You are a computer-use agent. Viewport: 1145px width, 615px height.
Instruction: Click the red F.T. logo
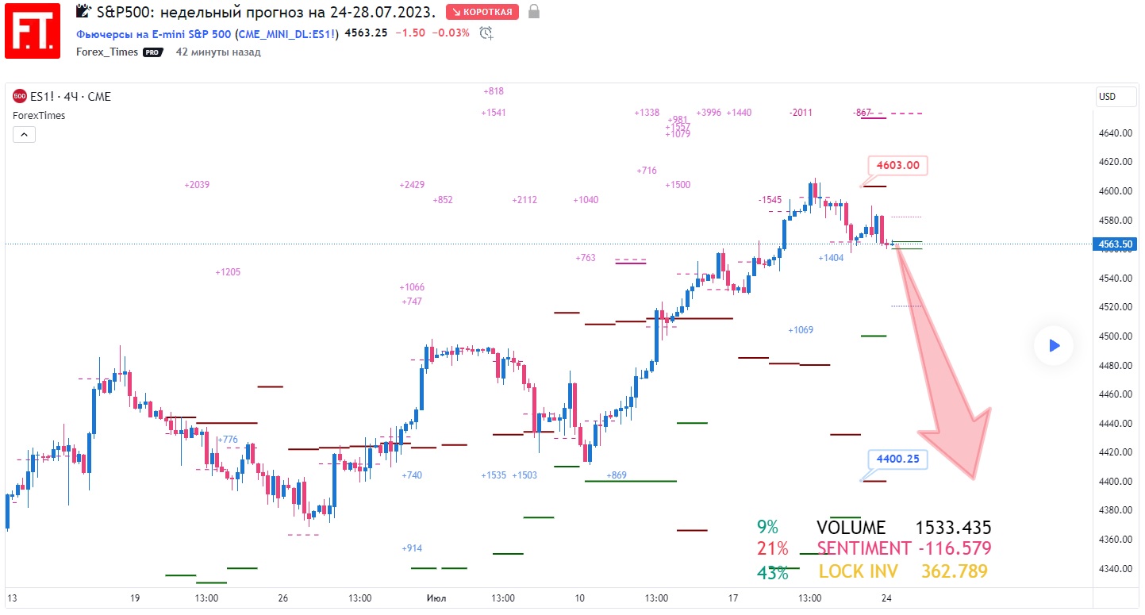pyautogui.click(x=33, y=30)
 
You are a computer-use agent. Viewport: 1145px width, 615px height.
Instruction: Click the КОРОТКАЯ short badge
pyautogui.click(x=482, y=12)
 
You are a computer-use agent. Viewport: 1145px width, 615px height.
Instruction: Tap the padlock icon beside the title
pyautogui.click(x=534, y=12)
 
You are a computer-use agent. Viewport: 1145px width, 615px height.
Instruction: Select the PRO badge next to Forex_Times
pyautogui.click(x=152, y=52)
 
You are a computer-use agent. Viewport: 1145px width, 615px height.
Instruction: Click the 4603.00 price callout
pyautogui.click(x=897, y=166)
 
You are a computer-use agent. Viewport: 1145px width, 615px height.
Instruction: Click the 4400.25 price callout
pyautogui.click(x=897, y=459)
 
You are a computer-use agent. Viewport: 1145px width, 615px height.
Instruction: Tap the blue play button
pyautogui.click(x=1054, y=345)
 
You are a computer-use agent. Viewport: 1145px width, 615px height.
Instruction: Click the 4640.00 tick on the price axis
pyautogui.click(x=1115, y=133)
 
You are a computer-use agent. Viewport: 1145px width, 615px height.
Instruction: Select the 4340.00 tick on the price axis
pyautogui.click(x=1115, y=568)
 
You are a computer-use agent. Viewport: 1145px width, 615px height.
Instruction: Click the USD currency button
pyautogui.click(x=1106, y=97)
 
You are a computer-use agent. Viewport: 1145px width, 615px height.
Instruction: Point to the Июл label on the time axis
pyautogui.click(x=435, y=598)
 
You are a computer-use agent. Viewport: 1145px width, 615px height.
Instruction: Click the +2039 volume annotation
pyautogui.click(x=197, y=185)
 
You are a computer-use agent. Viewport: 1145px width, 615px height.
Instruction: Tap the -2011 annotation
pyautogui.click(x=801, y=113)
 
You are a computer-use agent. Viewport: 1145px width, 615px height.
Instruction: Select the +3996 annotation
pyautogui.click(x=709, y=113)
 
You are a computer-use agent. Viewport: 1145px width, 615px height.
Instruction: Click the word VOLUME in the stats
pyautogui.click(x=851, y=528)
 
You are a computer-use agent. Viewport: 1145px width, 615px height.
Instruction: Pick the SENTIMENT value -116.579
pyautogui.click(x=955, y=548)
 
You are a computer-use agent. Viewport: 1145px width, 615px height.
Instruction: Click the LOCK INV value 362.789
pyautogui.click(x=954, y=571)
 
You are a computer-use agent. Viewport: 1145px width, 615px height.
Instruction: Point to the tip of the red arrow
pyautogui.click(x=974, y=479)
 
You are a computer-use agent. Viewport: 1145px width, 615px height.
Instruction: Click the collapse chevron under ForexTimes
pyautogui.click(x=24, y=135)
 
